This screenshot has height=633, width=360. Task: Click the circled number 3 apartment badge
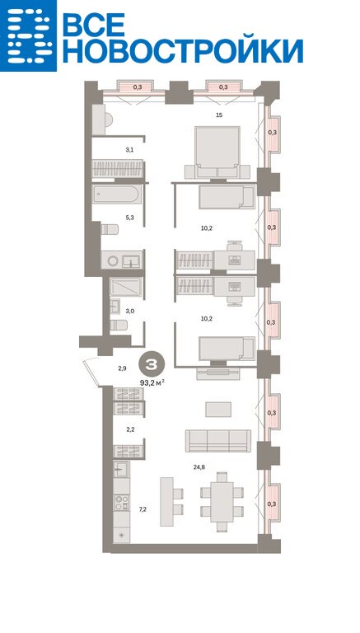pos(152,364)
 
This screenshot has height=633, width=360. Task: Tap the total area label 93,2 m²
pos(152,382)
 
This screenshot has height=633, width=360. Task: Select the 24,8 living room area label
pos(200,467)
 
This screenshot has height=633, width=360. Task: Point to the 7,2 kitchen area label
pos(143,509)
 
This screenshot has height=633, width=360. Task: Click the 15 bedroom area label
pos(219,115)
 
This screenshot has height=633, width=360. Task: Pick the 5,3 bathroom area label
pos(129,218)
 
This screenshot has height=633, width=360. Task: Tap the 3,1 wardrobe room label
pos(129,150)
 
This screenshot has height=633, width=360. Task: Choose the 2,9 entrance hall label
pos(122,368)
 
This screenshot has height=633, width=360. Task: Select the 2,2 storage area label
pos(131,430)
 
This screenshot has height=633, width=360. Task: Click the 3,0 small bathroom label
pos(130,312)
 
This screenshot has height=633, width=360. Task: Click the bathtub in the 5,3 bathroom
pos(117,195)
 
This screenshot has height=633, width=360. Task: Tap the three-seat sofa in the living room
pos(218,440)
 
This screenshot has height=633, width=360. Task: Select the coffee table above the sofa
pos(218,410)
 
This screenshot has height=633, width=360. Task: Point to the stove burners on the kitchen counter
pos(121,503)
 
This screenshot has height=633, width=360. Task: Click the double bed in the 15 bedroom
pos(217,152)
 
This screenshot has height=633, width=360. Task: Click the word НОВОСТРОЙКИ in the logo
pos(183,51)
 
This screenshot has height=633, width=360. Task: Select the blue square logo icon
pos(28,35)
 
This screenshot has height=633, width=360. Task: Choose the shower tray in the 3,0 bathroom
pos(125,287)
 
